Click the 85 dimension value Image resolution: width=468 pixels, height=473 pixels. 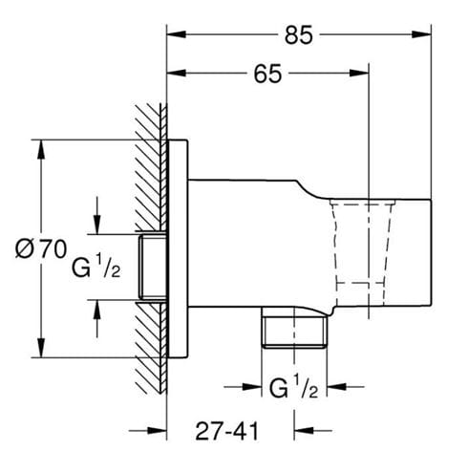(299, 34)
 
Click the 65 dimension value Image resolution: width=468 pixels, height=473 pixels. (267, 74)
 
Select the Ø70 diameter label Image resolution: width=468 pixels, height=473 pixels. (41, 249)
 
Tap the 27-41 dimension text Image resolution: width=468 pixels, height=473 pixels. (226, 432)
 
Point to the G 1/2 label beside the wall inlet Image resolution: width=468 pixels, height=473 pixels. (96, 267)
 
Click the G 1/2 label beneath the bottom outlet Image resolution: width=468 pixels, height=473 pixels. (293, 386)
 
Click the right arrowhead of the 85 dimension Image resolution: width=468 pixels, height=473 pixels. (421, 34)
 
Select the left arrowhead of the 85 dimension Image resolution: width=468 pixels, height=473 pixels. (177, 34)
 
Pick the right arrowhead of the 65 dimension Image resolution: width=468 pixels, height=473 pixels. (359, 73)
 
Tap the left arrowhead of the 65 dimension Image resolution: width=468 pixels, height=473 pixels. (177, 73)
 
